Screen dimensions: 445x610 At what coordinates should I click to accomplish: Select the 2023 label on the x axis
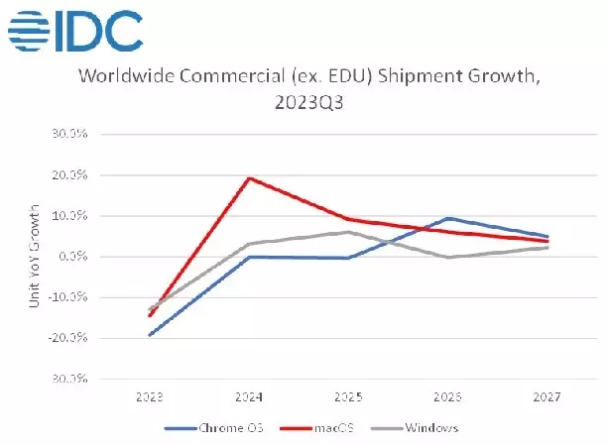pos(150,396)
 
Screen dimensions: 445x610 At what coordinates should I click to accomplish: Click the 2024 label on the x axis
pos(248,396)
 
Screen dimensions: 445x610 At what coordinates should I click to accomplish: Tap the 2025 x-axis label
pos(347,396)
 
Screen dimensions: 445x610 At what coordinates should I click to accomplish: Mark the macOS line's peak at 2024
pos(248,178)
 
